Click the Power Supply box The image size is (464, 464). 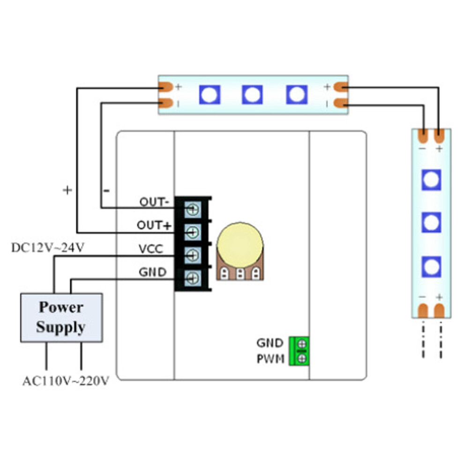[x=61, y=317]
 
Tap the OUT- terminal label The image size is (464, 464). [x=154, y=202]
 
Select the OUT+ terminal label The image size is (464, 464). [x=154, y=225]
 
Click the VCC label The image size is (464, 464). [x=151, y=249]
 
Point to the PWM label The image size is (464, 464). [x=270, y=359]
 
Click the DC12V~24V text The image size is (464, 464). [x=48, y=247]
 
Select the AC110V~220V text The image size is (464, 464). [x=66, y=381]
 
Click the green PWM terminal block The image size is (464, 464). [x=299, y=351]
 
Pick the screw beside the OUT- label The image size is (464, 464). [x=193, y=210]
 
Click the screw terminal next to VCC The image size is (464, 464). [x=193, y=255]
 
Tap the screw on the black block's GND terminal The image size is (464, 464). [x=193, y=278]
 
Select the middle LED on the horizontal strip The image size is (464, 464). [x=252, y=95]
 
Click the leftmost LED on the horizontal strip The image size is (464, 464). [x=210, y=95]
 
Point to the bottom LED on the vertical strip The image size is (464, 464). [x=432, y=267]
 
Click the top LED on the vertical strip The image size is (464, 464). [x=432, y=180]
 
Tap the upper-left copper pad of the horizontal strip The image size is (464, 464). [x=166, y=87]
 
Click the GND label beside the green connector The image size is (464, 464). [x=270, y=343]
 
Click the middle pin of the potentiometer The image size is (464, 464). [x=240, y=274]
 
